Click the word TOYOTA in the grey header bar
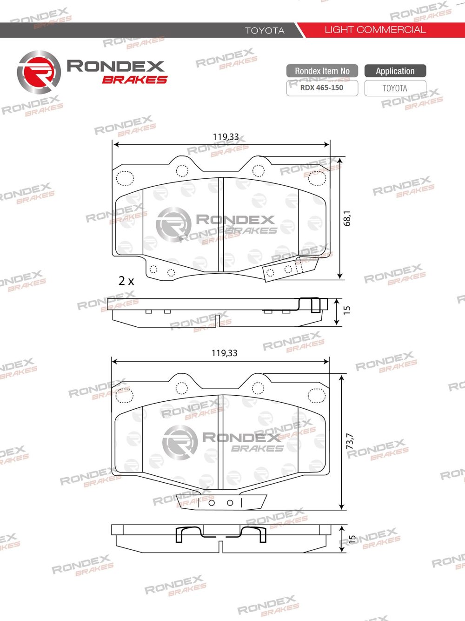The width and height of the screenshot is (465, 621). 265,30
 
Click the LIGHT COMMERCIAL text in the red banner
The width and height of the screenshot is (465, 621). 375,30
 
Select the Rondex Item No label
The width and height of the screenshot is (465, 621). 322,71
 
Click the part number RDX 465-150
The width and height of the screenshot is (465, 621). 322,88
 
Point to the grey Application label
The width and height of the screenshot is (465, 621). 395,71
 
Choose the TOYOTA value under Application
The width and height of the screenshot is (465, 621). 395,88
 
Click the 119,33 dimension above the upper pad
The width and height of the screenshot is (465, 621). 226,136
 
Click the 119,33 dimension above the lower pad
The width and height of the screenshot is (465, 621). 224,353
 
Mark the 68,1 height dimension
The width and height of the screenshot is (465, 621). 347,218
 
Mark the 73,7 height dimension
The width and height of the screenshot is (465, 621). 350,441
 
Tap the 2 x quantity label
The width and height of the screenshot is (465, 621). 126,281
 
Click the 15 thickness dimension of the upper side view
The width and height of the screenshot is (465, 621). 347,310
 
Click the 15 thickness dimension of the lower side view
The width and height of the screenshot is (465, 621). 352,539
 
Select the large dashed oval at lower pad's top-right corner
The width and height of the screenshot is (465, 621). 316,395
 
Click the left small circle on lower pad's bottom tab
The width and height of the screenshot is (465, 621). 212,502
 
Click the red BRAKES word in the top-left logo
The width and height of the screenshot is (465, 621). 135,80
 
